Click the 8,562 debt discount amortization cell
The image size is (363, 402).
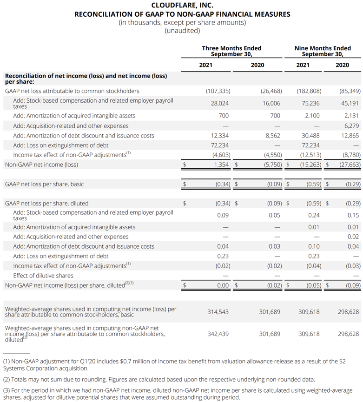click(271, 136)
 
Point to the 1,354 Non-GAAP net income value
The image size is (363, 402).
click(221, 165)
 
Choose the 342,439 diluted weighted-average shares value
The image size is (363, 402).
click(218, 334)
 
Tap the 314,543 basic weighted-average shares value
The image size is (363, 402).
click(218, 312)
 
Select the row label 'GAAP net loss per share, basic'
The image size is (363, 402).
click(44, 184)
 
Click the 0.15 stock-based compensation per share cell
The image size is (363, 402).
click(353, 215)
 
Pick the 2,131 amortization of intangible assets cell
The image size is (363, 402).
click(351, 116)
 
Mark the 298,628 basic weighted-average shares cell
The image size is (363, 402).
click(348, 312)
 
